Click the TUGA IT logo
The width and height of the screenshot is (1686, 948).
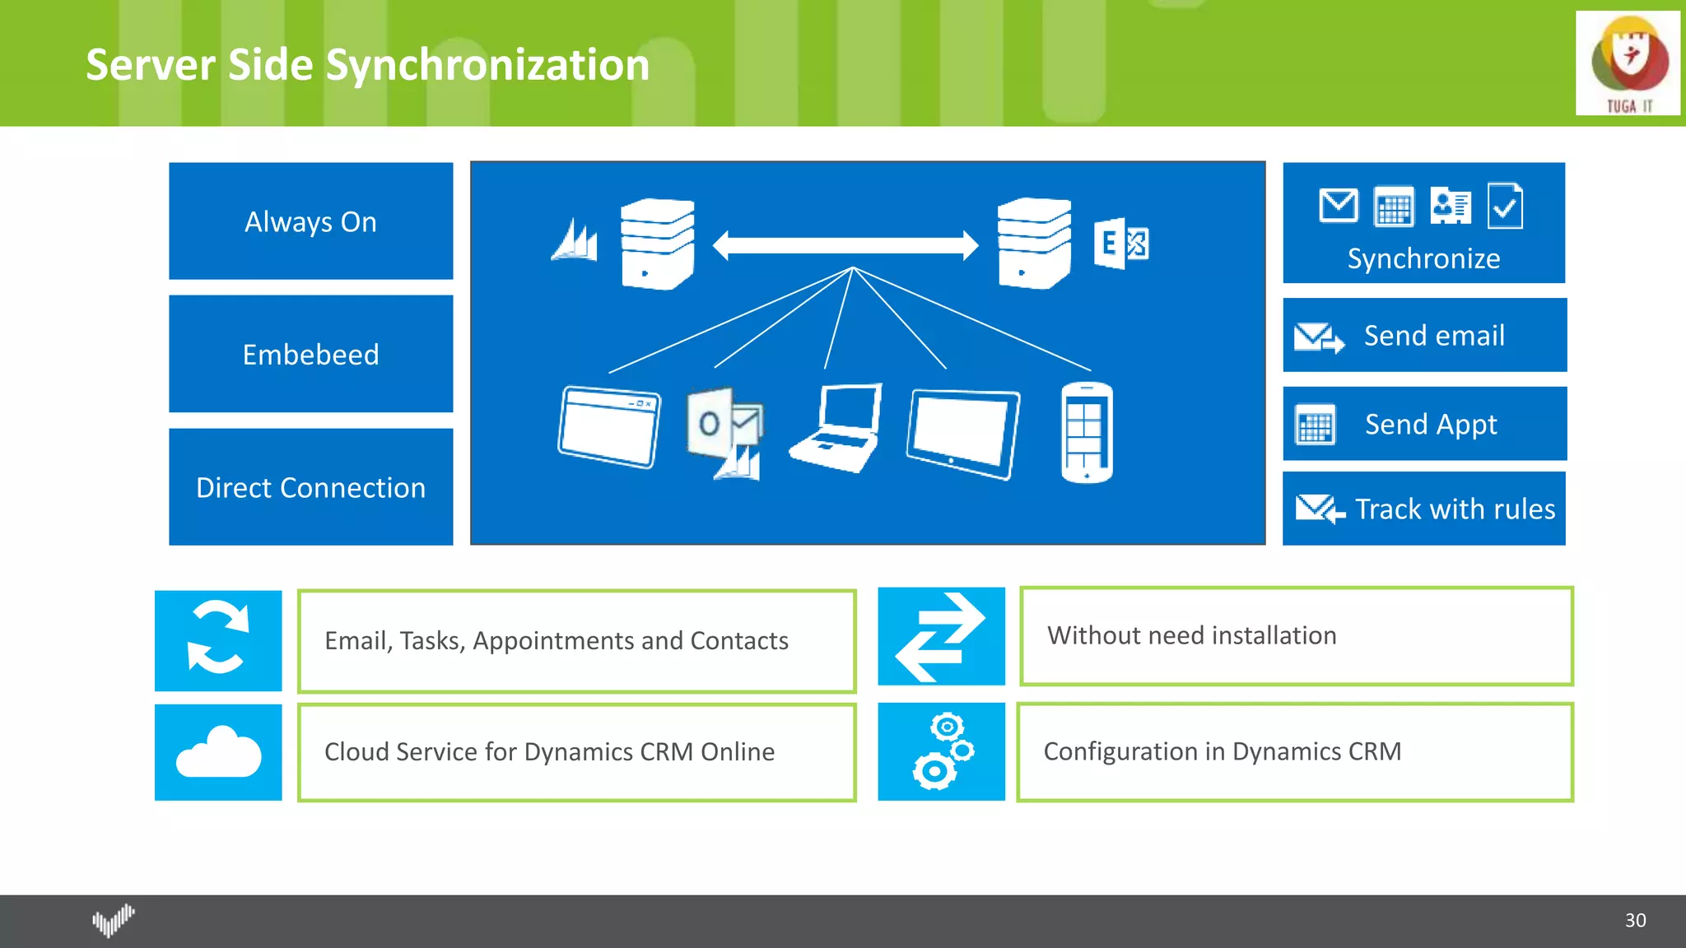[x=1628, y=63]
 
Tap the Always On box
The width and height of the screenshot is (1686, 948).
[x=310, y=221]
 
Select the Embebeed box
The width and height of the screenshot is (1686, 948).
[x=310, y=354]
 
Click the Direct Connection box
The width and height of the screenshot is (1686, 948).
[x=310, y=487]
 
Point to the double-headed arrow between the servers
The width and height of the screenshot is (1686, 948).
[x=845, y=245]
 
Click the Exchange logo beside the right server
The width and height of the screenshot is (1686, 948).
[x=1120, y=244]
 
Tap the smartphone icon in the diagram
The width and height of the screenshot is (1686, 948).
[x=1086, y=433]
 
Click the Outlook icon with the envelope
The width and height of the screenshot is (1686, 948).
[x=727, y=432]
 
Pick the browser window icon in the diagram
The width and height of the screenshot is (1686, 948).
[x=609, y=427]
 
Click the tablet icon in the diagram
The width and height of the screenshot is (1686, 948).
[x=962, y=434]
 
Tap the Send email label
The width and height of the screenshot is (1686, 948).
[x=1434, y=336]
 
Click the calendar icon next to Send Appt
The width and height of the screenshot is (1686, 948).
[x=1315, y=425]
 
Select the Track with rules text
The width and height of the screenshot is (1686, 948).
[x=1455, y=509]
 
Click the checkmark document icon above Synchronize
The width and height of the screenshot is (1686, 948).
[x=1505, y=206]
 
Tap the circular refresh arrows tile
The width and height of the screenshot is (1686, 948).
[x=218, y=639]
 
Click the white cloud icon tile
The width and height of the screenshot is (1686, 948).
[x=218, y=751]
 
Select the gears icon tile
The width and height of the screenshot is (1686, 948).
[x=941, y=751]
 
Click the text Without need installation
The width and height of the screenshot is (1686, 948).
[x=1191, y=635]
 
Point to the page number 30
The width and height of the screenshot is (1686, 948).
[x=1635, y=920]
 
